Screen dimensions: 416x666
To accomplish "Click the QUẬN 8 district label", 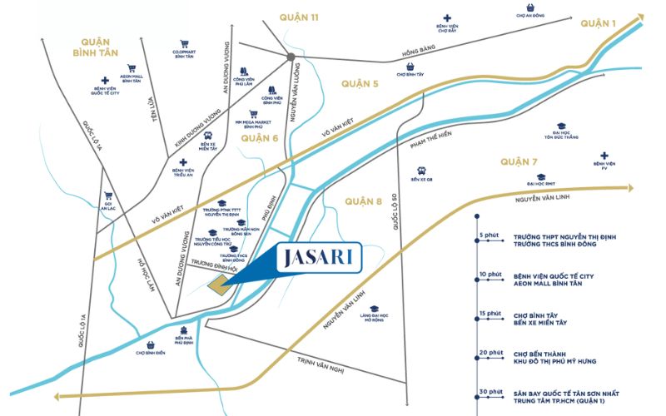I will click(x=367, y=199).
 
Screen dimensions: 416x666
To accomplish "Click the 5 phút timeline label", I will click(x=487, y=235).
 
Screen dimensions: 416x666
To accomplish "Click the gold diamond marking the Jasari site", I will click(x=218, y=285).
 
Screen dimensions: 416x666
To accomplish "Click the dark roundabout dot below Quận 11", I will click(x=290, y=57).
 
